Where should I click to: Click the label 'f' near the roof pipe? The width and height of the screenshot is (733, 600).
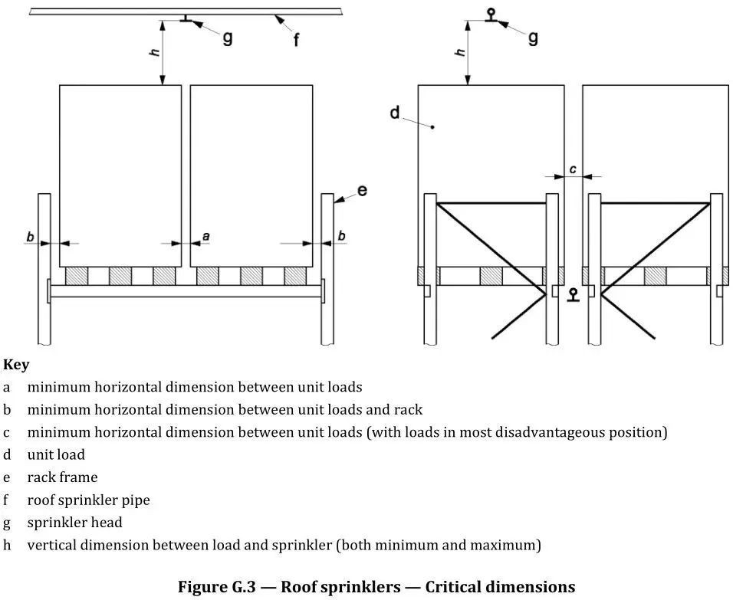[296, 39]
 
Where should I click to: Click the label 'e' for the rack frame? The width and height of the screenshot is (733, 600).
[362, 189]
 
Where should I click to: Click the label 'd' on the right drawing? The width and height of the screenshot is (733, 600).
[395, 113]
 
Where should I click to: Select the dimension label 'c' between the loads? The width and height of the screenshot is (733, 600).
[572, 169]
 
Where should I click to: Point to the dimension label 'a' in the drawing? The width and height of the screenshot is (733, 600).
[205, 237]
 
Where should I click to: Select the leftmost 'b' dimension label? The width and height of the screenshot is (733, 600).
[30, 237]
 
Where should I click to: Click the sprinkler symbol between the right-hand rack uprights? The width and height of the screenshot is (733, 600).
[572, 295]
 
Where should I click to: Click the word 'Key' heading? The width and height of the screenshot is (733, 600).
[16, 365]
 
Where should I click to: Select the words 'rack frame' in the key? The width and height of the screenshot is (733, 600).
[62, 477]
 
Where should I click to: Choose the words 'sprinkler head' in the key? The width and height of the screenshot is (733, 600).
[74, 523]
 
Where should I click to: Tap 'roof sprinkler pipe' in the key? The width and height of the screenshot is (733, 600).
[88, 500]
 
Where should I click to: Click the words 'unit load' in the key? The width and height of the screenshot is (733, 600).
[56, 455]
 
